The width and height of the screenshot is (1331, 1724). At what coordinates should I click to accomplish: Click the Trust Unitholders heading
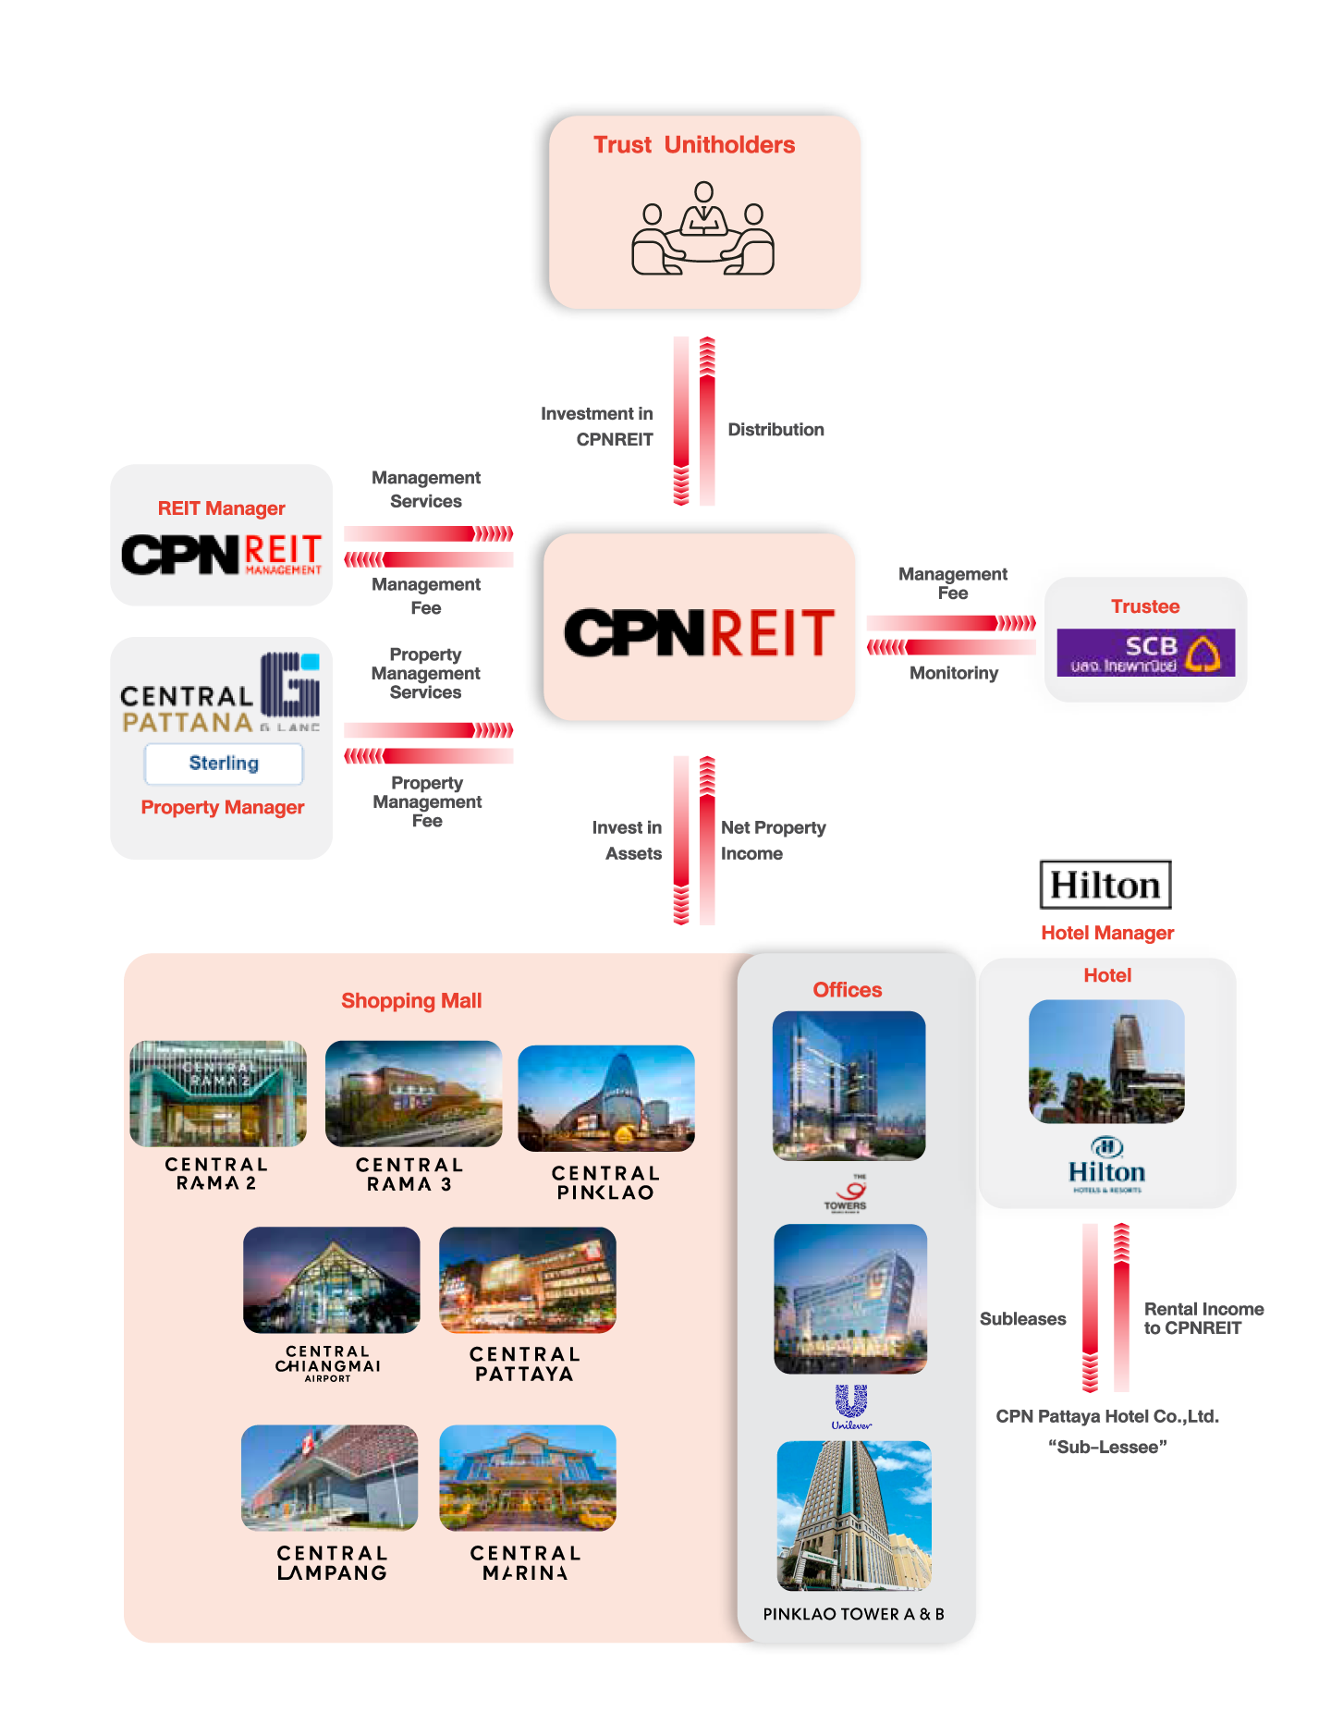694,145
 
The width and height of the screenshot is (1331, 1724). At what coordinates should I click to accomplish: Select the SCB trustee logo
1145,653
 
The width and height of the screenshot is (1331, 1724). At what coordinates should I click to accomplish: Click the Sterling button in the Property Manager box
224,764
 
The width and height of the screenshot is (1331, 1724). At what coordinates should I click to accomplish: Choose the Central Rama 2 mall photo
218,1094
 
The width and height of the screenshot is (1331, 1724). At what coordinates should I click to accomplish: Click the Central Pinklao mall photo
606,1098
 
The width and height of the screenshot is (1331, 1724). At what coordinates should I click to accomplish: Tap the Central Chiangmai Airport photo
331,1280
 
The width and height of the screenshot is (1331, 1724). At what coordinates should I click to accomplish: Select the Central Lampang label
332,1563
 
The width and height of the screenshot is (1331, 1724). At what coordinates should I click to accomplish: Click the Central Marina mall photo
527,1478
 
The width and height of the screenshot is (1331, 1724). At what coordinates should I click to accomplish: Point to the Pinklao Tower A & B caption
853,1614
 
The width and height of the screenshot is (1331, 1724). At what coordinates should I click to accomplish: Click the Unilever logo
851,1406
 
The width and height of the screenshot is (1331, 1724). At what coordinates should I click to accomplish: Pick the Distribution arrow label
775,430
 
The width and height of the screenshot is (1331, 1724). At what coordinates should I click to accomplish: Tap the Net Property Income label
773,840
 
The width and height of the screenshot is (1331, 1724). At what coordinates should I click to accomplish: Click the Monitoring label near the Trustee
954,673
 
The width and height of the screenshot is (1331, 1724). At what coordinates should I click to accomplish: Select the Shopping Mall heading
411,1001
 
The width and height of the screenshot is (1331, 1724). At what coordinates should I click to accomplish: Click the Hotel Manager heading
1107,934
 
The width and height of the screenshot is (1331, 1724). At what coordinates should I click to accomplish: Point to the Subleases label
1022,1319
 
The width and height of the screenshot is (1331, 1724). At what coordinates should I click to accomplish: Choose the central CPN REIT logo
700,632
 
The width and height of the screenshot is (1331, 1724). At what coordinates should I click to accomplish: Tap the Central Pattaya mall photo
527,1280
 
